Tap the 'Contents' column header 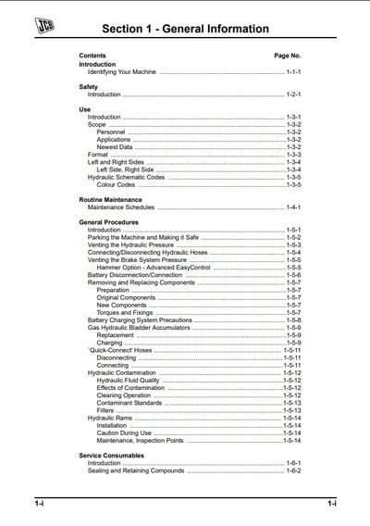(x=92, y=56)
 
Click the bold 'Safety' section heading (x=89, y=87)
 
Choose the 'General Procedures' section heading (x=108, y=222)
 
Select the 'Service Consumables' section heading (x=111, y=456)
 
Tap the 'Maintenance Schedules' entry (x=121, y=207)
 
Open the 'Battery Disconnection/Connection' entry (x=134, y=275)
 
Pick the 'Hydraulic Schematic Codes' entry (x=126, y=177)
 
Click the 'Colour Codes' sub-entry (x=116, y=184)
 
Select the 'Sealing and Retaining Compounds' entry (x=136, y=470)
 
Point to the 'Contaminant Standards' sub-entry (x=129, y=403)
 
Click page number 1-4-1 (x=294, y=207)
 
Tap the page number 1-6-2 (x=294, y=470)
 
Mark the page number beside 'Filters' (x=292, y=410)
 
